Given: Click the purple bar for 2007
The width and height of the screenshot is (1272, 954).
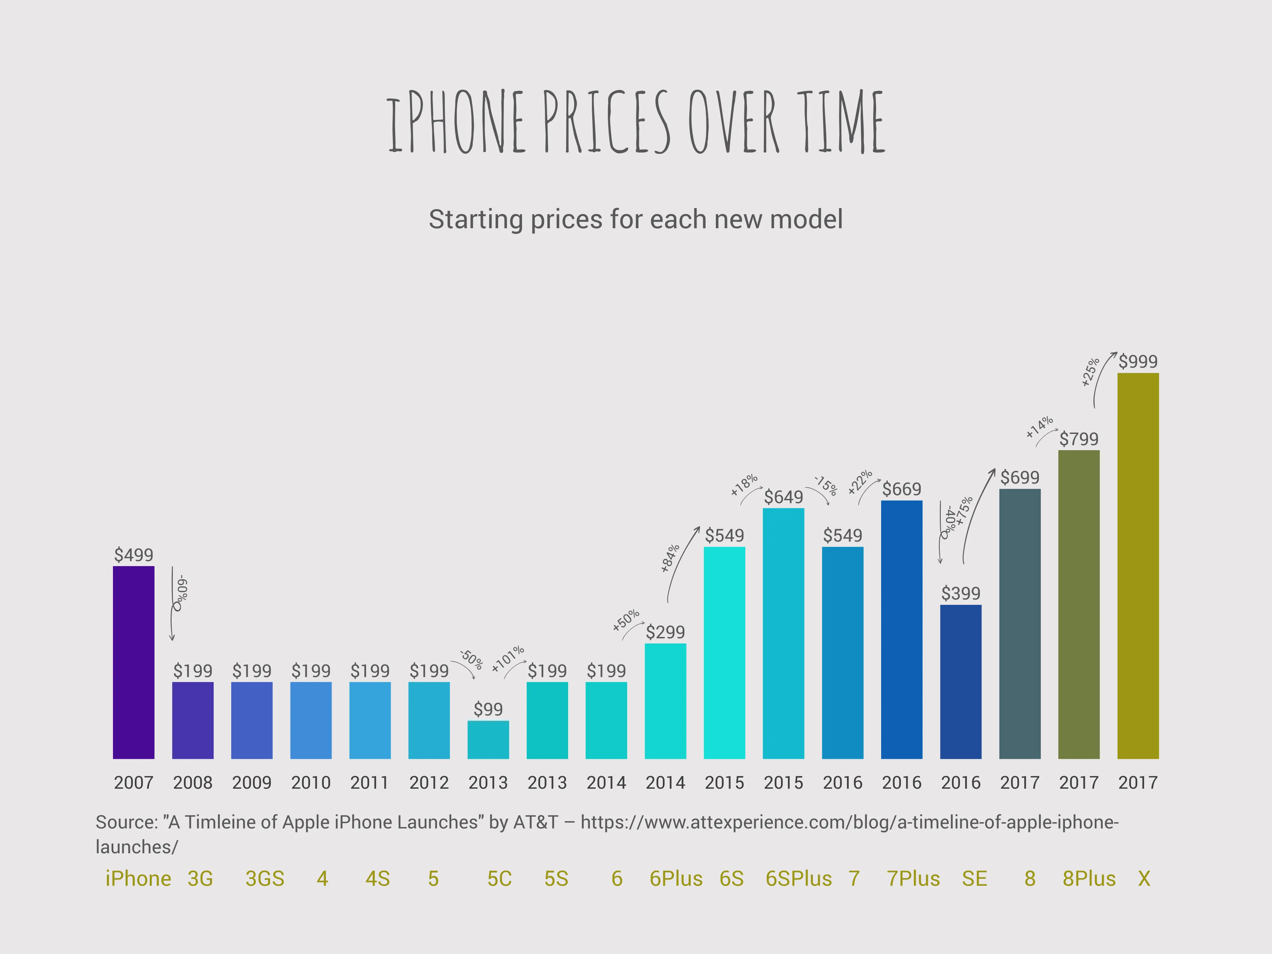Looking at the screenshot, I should (133, 662).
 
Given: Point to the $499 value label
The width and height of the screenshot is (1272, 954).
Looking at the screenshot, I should (133, 555).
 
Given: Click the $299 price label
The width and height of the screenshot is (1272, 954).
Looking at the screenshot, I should (665, 632).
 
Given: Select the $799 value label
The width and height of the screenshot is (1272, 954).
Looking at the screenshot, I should (1079, 439).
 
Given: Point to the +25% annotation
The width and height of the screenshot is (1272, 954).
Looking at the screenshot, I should (1090, 371).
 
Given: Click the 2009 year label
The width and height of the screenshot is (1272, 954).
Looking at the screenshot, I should (252, 783).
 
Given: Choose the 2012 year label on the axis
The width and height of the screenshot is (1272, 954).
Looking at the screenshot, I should (429, 783).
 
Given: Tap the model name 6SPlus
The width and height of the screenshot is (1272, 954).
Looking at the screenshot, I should (799, 879).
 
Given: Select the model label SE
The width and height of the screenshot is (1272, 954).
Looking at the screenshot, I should (975, 879).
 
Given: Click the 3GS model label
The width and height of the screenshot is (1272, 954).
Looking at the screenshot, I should (265, 879).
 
